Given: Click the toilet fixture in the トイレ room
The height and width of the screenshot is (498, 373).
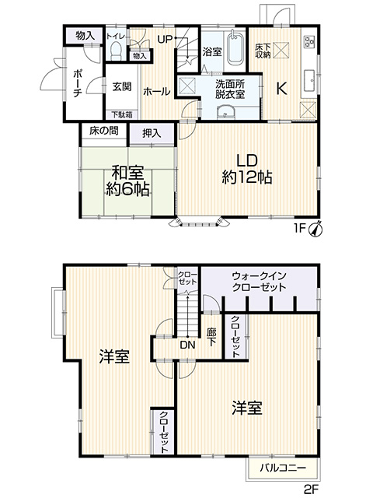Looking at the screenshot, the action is point(116,50).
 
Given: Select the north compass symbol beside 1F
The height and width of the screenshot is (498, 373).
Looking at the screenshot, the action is point(315,229).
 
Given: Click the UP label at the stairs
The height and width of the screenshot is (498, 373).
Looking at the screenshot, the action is point(165,39).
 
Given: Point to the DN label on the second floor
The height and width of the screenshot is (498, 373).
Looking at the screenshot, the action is point(188,345).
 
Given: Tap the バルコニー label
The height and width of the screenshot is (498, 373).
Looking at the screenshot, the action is point(283,468).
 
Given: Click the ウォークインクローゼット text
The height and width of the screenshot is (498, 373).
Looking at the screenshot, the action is point(259,282).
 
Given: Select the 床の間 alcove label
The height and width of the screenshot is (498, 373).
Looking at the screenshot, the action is point(103,131).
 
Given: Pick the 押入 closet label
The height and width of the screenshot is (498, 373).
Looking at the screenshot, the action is point(152,133).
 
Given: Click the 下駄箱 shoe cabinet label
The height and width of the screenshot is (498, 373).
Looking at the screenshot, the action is point(121,114).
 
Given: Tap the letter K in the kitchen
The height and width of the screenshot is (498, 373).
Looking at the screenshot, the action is point(281,89).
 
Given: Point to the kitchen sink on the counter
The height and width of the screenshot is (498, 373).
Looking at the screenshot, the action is point(309,80).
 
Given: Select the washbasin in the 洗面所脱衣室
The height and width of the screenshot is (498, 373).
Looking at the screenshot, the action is point(225,112).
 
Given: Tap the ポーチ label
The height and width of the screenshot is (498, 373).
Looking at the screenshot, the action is point(77,83).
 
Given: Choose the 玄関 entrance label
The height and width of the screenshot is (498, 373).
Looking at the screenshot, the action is point(122,86).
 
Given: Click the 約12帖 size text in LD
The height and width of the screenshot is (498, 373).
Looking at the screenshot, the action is point(247,177).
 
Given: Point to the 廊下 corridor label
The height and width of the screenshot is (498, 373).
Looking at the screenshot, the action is point(211,337).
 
